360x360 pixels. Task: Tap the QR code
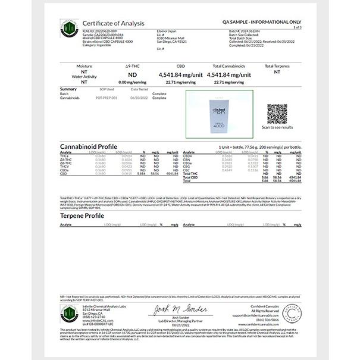[277, 113]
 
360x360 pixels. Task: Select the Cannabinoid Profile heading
[89, 146]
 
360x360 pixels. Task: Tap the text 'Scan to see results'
[277, 127]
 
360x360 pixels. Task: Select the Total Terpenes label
[277, 66]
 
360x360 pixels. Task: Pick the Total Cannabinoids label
[226, 66]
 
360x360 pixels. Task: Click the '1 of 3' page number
[297, 27]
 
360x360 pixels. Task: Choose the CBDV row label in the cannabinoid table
[189, 156]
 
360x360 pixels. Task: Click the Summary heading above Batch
[68, 89]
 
